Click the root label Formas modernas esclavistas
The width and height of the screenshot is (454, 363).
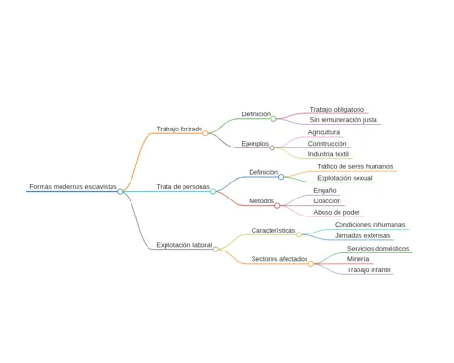(x=73, y=187)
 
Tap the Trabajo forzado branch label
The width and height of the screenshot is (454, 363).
(x=180, y=129)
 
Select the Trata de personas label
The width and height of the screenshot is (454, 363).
(x=183, y=187)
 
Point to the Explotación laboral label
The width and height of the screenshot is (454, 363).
(x=184, y=245)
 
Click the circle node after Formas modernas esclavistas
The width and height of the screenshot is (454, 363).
(x=120, y=191)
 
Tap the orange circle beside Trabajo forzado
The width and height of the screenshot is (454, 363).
(x=205, y=133)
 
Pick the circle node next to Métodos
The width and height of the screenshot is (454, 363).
(x=277, y=206)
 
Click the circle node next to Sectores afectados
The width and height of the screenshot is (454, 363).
(x=311, y=264)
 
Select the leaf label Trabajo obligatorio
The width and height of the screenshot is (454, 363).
(x=337, y=110)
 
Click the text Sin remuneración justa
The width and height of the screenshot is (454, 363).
(x=343, y=120)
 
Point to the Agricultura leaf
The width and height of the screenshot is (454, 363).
(x=323, y=132)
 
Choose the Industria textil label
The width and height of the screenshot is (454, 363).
(x=328, y=154)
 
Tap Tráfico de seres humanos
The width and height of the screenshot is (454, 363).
(x=355, y=166)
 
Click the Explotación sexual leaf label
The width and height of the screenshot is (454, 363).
(x=344, y=178)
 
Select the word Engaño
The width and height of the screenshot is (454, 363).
(x=324, y=190)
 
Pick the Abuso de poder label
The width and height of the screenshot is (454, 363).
(x=337, y=212)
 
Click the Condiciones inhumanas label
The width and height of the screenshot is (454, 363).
(x=370, y=225)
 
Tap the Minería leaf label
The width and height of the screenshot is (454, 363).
(x=358, y=259)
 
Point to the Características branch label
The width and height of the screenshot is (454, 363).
(x=273, y=231)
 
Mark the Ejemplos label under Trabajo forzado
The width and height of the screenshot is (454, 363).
(x=255, y=144)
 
